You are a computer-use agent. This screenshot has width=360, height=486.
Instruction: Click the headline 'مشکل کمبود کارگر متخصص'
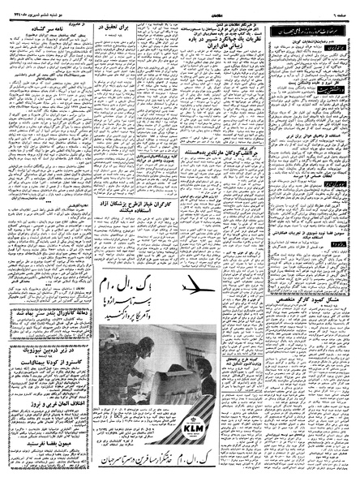click(x=309, y=268)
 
